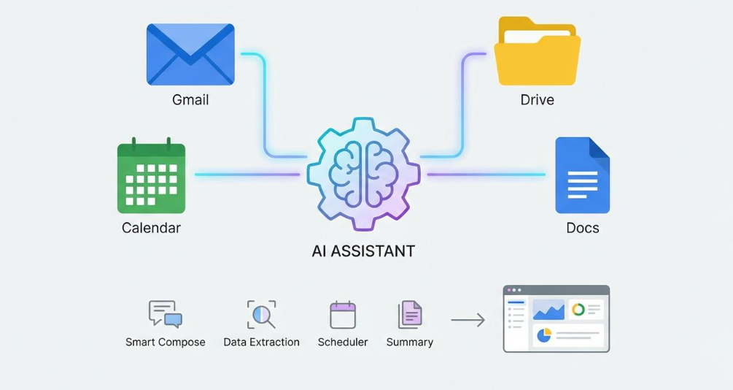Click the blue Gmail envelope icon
pyautogui.click(x=190, y=54)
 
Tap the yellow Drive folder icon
pyautogui.click(x=537, y=51)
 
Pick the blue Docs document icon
pyautogui.click(x=583, y=175)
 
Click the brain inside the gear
pyautogui.click(x=363, y=174)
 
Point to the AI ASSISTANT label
pyautogui.click(x=363, y=251)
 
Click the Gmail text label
pyautogui.click(x=190, y=100)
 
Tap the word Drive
pyautogui.click(x=537, y=100)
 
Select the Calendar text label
pyautogui.click(x=151, y=228)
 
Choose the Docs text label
pyautogui.click(x=583, y=228)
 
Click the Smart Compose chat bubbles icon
pyautogui.click(x=165, y=313)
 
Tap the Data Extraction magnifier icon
pyautogui.click(x=261, y=314)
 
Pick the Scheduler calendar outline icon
pyautogui.click(x=343, y=315)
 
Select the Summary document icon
pyautogui.click(x=410, y=315)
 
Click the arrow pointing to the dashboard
pyautogui.click(x=468, y=320)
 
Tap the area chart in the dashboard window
pyautogui.click(x=548, y=310)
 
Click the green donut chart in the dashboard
pyautogui.click(x=578, y=310)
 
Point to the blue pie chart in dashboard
pyautogui.click(x=543, y=335)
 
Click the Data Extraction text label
pyautogui.click(x=261, y=343)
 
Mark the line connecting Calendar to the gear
pyautogui.click(x=247, y=175)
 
